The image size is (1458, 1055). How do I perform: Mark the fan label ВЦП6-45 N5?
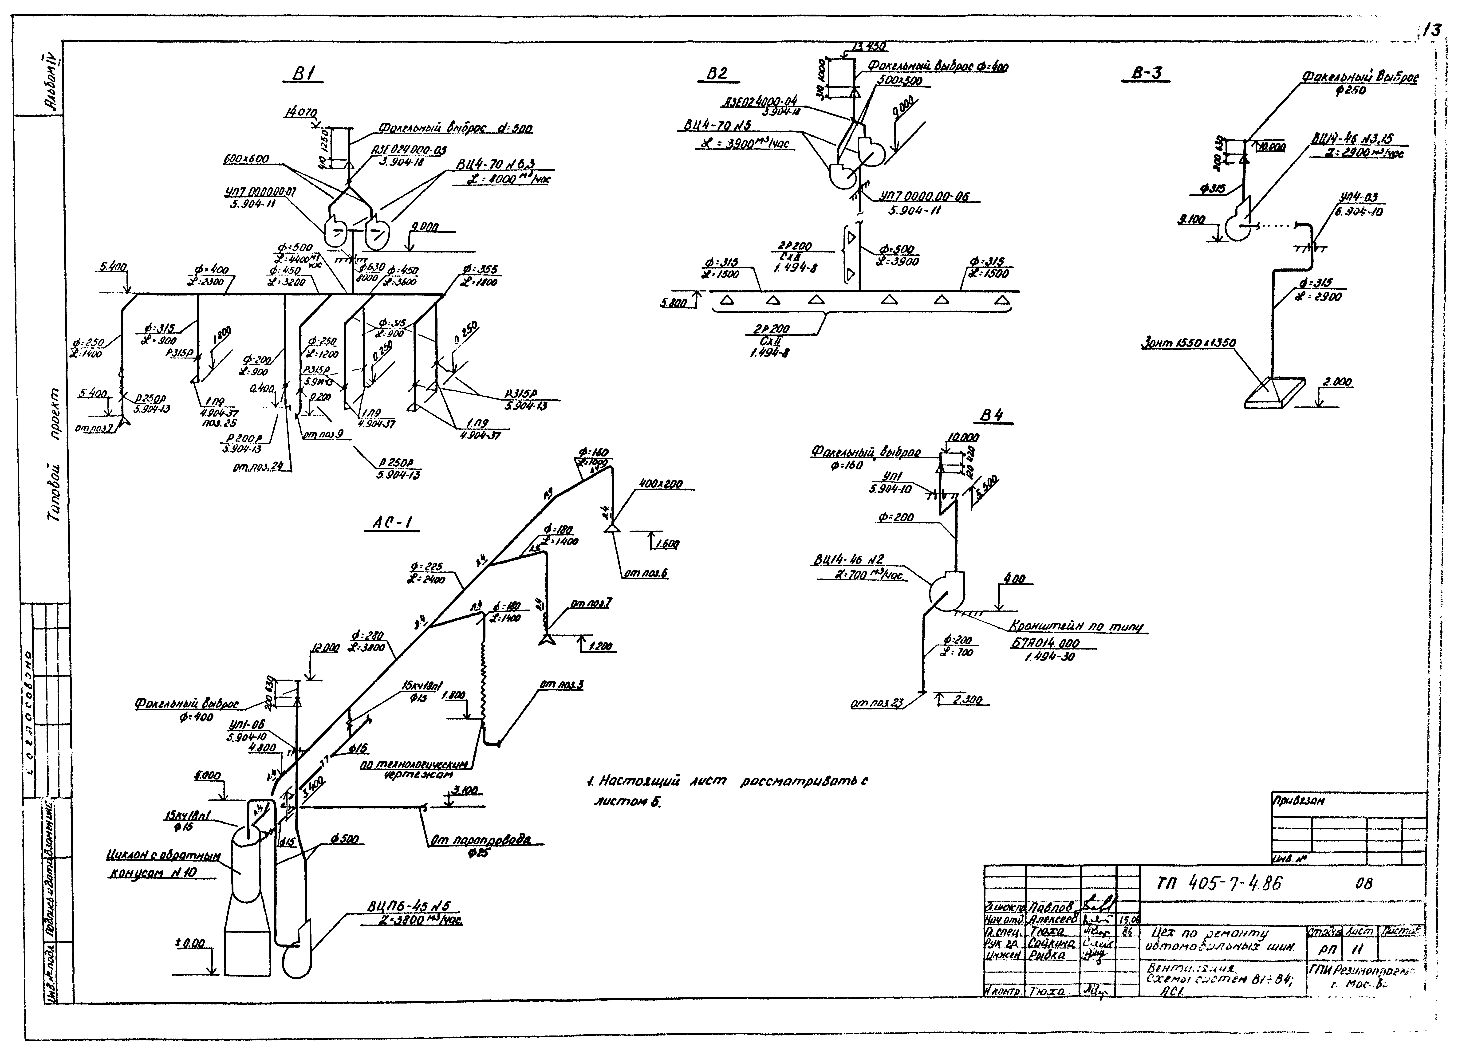click(409, 906)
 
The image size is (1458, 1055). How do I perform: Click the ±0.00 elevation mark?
click(190, 943)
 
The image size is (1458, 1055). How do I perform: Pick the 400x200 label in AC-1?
click(661, 484)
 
